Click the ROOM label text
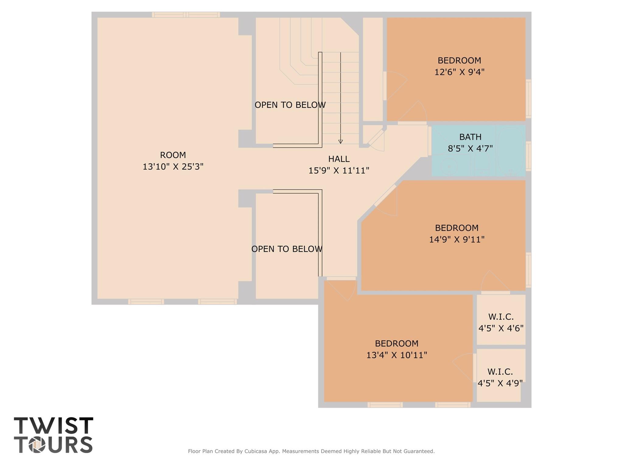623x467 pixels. click(173, 155)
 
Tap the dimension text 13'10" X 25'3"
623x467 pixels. click(173, 167)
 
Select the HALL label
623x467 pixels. click(339, 159)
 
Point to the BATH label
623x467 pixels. click(470, 137)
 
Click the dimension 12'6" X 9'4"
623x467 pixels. click(459, 72)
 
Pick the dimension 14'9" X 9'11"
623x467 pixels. click(457, 240)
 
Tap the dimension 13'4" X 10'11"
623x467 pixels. click(397, 355)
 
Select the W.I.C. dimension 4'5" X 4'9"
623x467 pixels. click(500, 383)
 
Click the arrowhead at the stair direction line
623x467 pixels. click(341, 141)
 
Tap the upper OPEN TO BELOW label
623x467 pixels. click(290, 105)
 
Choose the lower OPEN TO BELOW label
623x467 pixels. click(287, 249)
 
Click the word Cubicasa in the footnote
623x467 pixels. click(256, 451)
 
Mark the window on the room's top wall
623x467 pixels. click(186, 15)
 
